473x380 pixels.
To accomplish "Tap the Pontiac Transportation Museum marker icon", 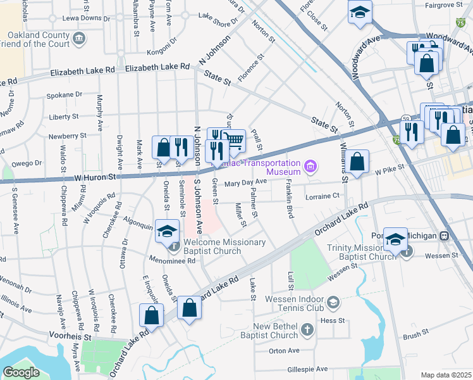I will [310, 167].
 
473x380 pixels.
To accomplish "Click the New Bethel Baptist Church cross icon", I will [307, 329].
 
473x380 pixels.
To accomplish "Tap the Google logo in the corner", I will [21, 372].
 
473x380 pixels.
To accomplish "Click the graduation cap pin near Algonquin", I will [168, 231].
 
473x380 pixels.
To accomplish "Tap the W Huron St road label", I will [95, 179].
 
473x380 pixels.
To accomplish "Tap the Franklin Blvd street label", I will [289, 199].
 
